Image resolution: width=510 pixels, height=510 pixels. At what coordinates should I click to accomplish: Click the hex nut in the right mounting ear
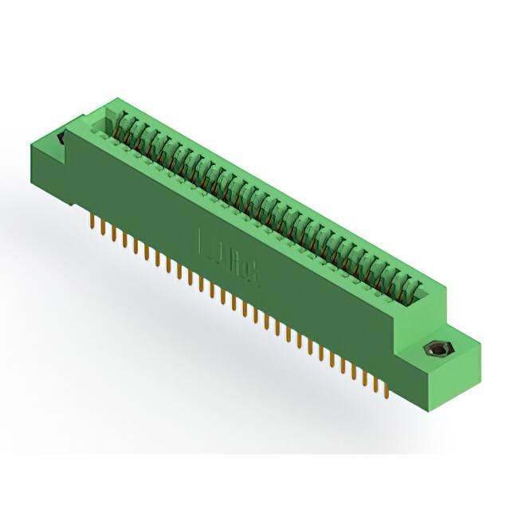[436, 349]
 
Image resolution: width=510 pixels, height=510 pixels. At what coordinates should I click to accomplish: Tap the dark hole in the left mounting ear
[62, 139]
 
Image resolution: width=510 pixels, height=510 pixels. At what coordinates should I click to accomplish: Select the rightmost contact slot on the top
[412, 288]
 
